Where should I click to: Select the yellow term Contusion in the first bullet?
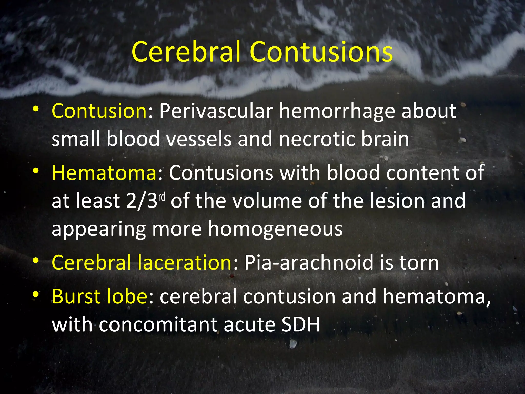coord(99,111)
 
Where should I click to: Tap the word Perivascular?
coord(216,111)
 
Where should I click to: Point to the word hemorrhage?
coord(337,111)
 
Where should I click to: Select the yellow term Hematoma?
coord(104,173)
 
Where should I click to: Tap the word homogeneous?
coord(275,229)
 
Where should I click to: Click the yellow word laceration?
coord(185,262)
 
